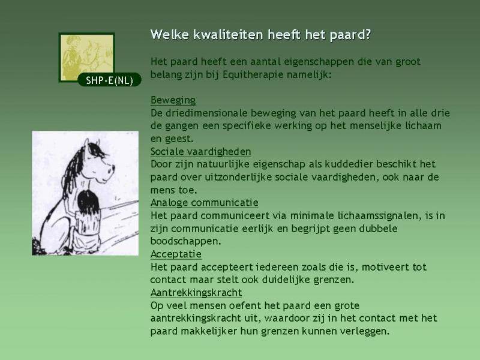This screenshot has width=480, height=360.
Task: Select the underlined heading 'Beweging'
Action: (173, 100)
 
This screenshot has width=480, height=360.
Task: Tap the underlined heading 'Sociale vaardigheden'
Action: (200, 152)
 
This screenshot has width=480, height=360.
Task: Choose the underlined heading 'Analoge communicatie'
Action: (204, 203)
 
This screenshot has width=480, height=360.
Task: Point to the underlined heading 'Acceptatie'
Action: (176, 254)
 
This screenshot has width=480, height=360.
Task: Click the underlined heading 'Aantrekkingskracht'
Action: (196, 293)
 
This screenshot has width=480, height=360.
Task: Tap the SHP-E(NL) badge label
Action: (109, 80)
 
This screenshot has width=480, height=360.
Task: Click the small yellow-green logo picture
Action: (86, 57)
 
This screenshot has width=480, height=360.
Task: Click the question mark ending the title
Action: (368, 34)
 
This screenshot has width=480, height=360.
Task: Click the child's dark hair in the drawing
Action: (88, 202)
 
